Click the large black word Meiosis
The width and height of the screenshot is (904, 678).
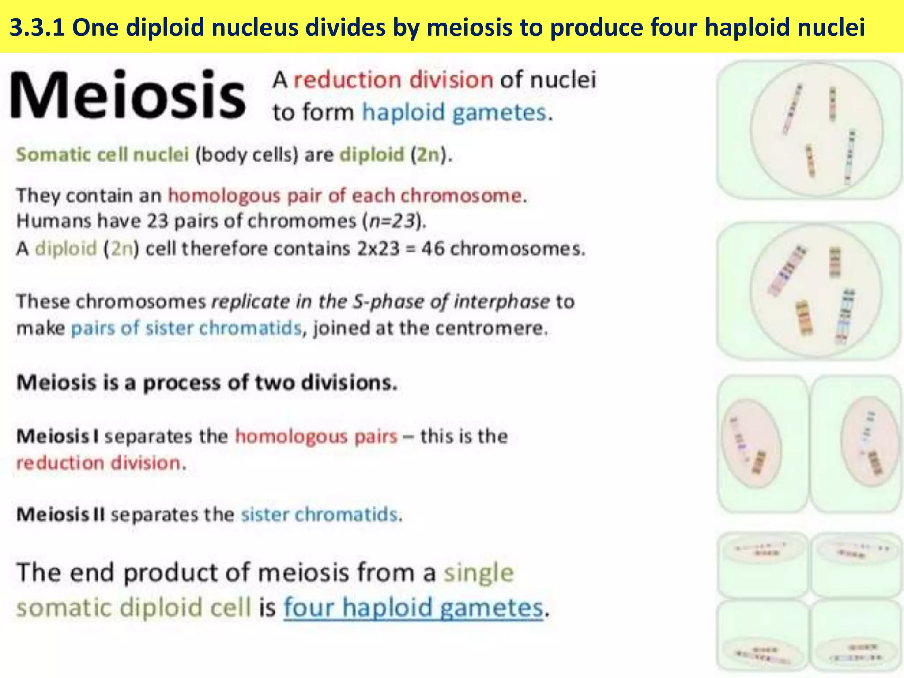128,95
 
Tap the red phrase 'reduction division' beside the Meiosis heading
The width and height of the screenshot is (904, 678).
393,80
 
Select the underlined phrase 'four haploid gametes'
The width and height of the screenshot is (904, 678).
413,607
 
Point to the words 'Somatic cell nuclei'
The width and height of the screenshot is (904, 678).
102,155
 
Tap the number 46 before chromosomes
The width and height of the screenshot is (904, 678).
433,249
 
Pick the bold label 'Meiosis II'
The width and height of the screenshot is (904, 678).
60,515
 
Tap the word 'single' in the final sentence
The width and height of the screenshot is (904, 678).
479,573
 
